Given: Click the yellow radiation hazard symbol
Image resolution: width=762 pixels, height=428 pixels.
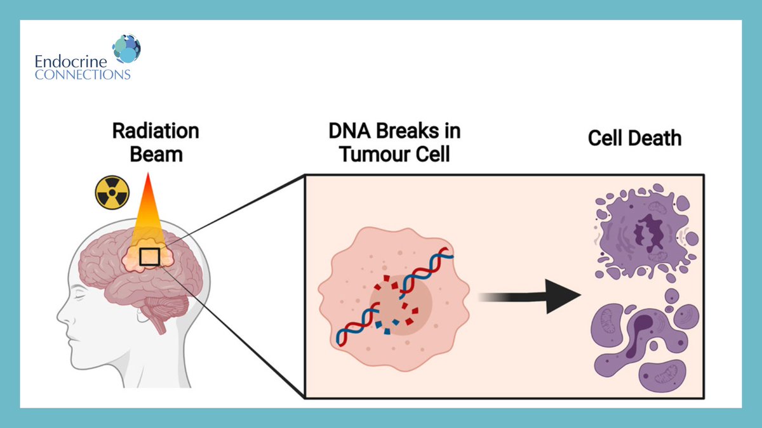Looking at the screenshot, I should (112, 192).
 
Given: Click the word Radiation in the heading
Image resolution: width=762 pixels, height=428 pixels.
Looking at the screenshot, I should (156, 131).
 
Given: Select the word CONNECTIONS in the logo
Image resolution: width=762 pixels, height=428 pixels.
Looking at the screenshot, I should (83, 74).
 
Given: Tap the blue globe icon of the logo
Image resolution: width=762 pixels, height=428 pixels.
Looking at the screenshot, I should (126, 49).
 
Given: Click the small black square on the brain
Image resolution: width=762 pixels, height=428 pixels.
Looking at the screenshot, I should (149, 256).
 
